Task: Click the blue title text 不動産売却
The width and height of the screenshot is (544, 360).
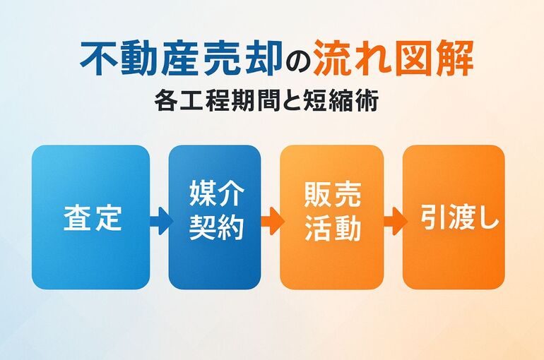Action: click(x=180, y=59)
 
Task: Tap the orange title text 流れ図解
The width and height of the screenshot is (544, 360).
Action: click(x=393, y=59)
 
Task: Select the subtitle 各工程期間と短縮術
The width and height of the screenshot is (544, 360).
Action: click(x=266, y=100)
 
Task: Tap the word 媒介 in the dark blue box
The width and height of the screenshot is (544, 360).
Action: click(x=217, y=194)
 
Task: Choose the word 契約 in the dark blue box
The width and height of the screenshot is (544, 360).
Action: click(x=217, y=227)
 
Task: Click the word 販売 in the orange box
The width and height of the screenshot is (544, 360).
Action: click(x=333, y=194)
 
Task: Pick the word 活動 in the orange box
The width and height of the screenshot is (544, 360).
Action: click(x=333, y=227)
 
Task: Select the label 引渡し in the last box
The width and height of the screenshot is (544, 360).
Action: click(x=459, y=217)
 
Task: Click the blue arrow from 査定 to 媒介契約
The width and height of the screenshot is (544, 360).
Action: click(x=161, y=221)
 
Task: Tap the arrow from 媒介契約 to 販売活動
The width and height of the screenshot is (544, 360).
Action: click(x=272, y=221)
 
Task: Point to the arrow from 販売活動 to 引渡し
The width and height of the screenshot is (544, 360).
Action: click(x=396, y=221)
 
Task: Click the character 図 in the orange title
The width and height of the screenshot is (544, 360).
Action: click(x=413, y=59)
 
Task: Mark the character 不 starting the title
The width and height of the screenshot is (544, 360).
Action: click(x=99, y=59)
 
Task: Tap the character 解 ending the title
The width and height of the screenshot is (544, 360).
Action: click(x=454, y=59)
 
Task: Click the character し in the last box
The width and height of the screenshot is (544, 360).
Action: click(x=487, y=217)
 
